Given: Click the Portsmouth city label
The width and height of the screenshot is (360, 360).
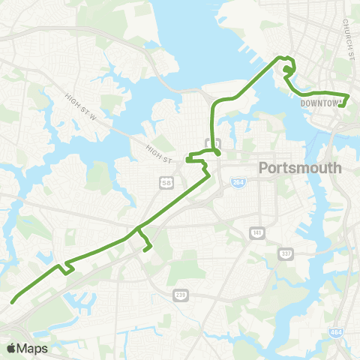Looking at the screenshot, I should (299, 168).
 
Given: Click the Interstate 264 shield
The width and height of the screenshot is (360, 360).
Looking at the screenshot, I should (237, 184).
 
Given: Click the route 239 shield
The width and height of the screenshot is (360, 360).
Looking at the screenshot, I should (179, 294).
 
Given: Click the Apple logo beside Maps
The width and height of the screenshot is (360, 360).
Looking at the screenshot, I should (11, 348).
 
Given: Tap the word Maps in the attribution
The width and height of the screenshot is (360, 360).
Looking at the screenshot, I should (34, 348).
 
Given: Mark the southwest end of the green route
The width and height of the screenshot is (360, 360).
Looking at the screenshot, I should (13, 302).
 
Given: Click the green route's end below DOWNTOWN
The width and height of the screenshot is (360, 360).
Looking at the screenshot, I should (341, 106).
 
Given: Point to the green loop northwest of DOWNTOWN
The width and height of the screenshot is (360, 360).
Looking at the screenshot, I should (288, 69).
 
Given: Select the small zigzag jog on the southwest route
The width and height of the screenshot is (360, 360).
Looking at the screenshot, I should (67, 267).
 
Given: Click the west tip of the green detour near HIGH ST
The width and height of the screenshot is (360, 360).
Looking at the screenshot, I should (187, 157).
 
